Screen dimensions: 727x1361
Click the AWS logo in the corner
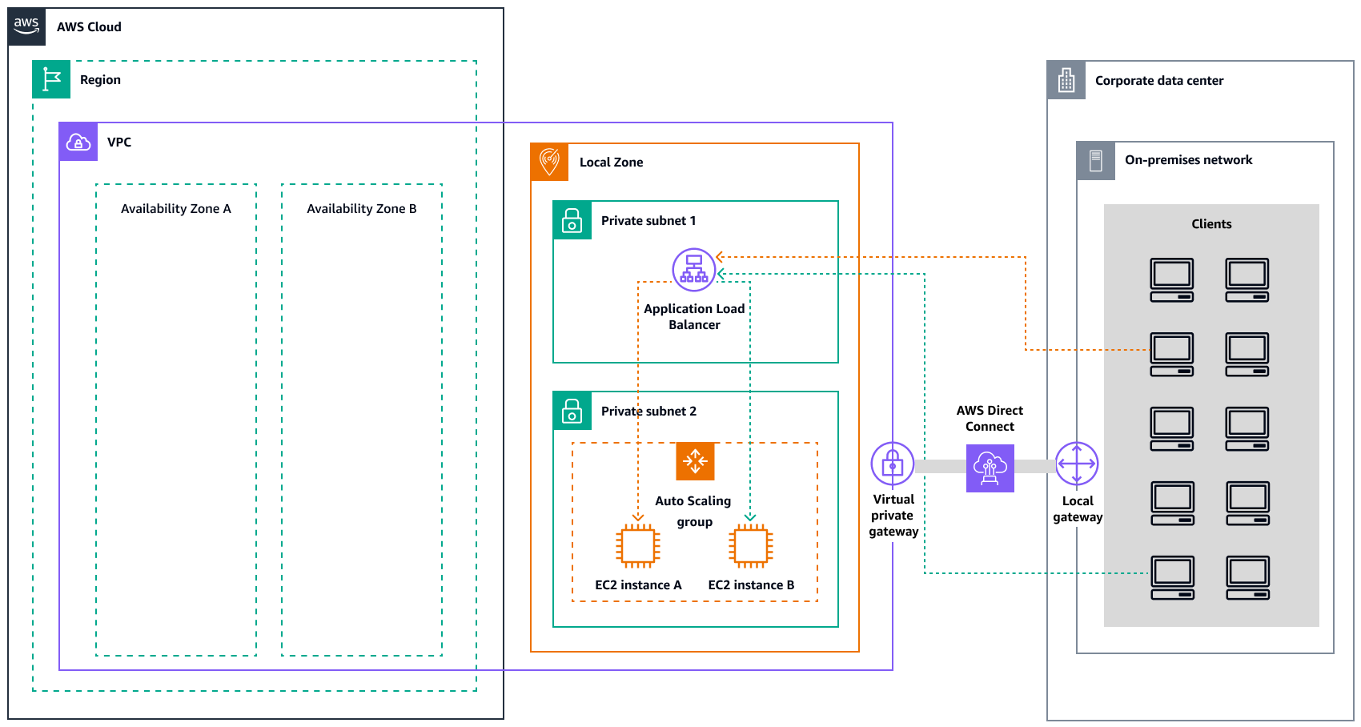pyautogui.click(x=26, y=26)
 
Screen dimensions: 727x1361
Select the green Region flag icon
pyautogui.click(x=51, y=79)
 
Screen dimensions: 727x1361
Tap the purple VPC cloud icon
pyautogui.click(x=78, y=142)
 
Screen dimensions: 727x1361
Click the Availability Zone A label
pyautogui.click(x=175, y=208)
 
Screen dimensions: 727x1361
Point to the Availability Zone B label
pyautogui.click(x=361, y=208)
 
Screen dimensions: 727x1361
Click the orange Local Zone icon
pyautogui.click(x=549, y=162)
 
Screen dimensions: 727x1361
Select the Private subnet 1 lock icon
pyautogui.click(x=572, y=220)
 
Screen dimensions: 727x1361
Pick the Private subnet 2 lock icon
pyautogui.click(x=572, y=411)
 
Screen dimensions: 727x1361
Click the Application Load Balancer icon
pyautogui.click(x=693, y=269)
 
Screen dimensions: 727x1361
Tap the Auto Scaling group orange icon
pyautogui.click(x=695, y=461)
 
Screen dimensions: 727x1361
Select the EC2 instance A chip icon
pyautogui.click(x=638, y=546)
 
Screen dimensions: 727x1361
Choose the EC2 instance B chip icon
pyautogui.click(x=751, y=546)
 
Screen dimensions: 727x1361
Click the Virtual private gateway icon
pyautogui.click(x=892, y=464)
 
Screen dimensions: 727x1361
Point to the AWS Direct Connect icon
pyautogui.click(x=990, y=468)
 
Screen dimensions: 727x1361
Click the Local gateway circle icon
pyautogui.click(x=1077, y=464)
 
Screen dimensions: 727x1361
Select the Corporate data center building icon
pyautogui.click(x=1066, y=80)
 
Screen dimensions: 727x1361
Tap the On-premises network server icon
pyautogui.click(x=1096, y=160)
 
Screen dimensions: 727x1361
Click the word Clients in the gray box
pyautogui.click(x=1210, y=224)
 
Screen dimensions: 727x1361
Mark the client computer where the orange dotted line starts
pyautogui.click(x=1171, y=354)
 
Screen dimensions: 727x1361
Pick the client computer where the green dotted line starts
pyautogui.click(x=1172, y=577)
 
